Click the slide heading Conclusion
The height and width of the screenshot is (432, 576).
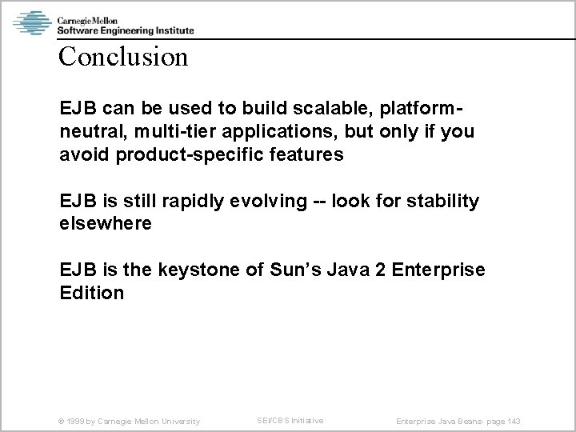pyautogui.click(x=123, y=58)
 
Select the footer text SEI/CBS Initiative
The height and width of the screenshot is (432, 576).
pyautogui.click(x=290, y=421)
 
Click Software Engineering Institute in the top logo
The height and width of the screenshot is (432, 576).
pyautogui.click(x=125, y=30)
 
